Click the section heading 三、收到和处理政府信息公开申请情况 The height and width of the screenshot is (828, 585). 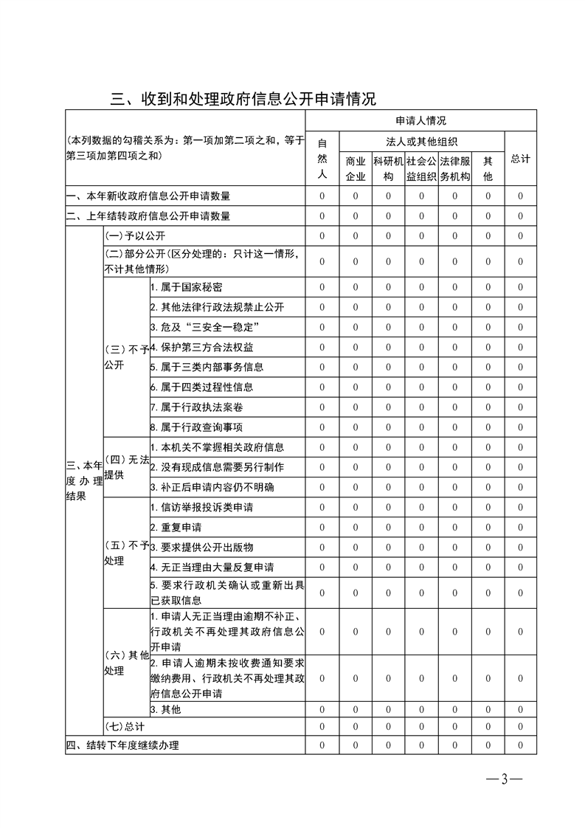243,98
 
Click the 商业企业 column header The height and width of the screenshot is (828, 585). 356,168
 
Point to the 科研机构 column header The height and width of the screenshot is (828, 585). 388,168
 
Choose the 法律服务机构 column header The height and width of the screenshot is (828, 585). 455,168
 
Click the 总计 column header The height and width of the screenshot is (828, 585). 520,159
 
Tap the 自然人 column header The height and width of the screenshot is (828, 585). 322,159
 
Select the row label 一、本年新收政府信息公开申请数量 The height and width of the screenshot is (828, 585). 148,196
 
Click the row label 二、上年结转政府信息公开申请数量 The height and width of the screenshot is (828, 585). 148,216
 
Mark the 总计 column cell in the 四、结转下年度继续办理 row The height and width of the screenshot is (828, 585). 520,745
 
